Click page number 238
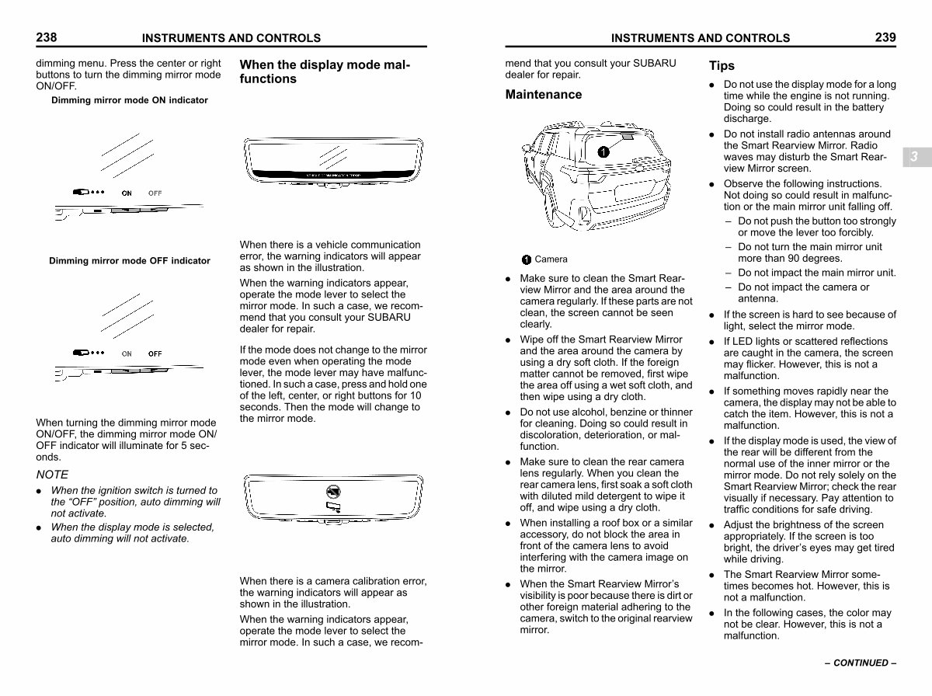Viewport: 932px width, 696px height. [47, 37]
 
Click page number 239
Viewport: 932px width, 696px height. [885, 37]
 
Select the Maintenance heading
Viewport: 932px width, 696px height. [544, 94]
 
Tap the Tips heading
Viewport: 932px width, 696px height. [722, 66]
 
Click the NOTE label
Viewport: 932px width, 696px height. [52, 475]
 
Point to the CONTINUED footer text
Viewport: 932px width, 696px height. [861, 663]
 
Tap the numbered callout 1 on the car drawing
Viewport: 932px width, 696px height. [603, 151]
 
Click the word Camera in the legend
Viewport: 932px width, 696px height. [551, 259]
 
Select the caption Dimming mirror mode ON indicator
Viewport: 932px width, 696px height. [130, 100]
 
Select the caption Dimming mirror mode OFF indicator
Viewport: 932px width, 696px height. [130, 261]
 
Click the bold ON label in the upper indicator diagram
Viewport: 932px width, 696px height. [127, 193]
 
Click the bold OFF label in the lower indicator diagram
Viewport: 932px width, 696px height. [155, 353]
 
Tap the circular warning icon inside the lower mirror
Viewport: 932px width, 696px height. [333, 492]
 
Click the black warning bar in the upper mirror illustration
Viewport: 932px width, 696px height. [333, 174]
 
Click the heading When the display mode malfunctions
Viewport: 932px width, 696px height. [325, 71]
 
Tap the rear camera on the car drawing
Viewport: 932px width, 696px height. [627, 137]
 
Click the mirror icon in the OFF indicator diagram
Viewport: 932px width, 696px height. [81, 353]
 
